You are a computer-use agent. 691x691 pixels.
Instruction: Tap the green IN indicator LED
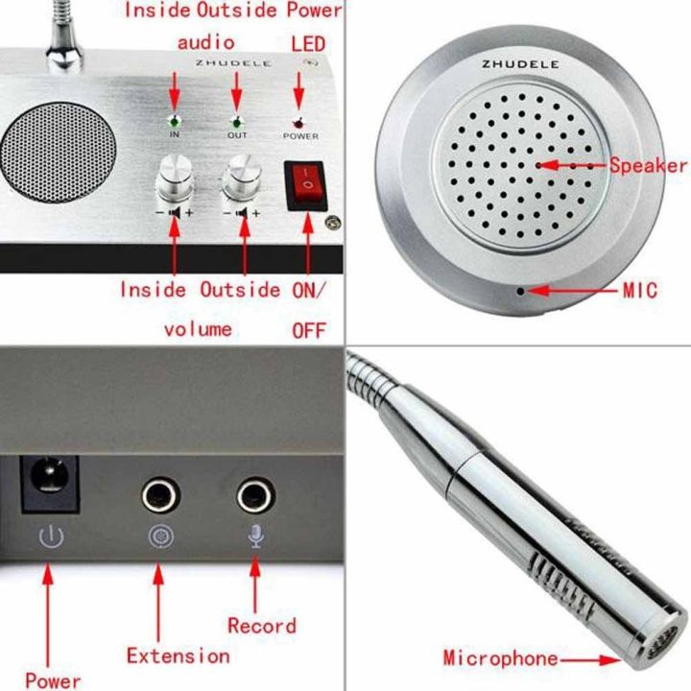pos(175,122)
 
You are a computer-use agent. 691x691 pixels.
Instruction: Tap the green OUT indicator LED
pos(236,123)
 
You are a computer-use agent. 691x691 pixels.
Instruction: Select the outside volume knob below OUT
pos(240,179)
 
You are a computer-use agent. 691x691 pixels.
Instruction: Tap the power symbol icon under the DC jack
pos(50,538)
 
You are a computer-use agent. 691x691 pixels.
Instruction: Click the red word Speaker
pos(648,165)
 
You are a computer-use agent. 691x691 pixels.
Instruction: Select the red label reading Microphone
pos(500,658)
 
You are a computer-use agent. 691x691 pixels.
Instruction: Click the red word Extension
pos(179,656)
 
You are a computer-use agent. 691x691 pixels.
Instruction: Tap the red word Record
pos(261,626)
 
